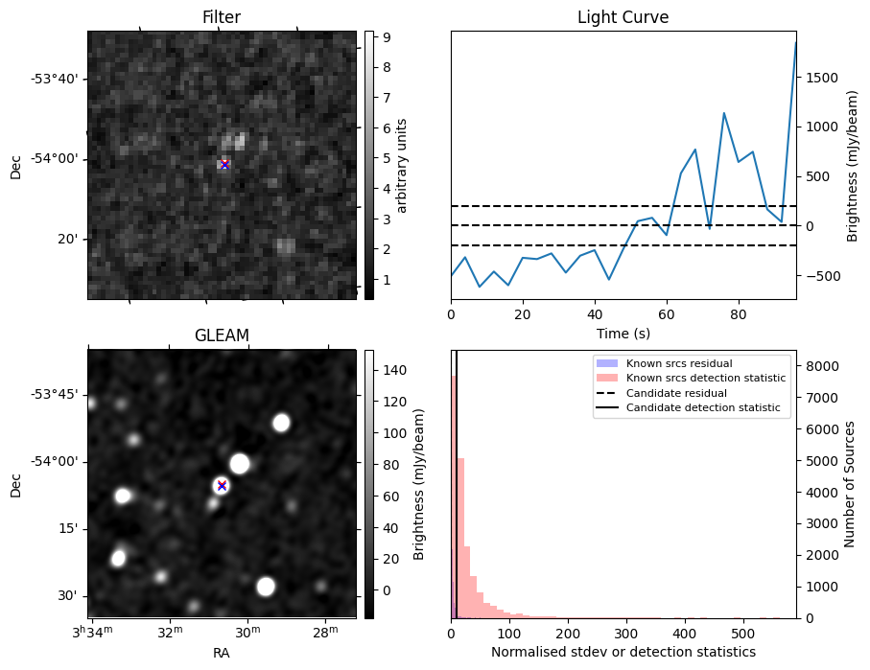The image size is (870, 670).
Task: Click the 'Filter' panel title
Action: [222, 17]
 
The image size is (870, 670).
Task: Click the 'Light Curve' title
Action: [623, 17]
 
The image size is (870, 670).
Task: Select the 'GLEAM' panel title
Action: [222, 335]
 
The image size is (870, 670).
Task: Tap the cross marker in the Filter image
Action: [224, 165]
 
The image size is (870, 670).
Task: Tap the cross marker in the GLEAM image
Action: [222, 485]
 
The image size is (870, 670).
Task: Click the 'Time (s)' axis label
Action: [623, 332]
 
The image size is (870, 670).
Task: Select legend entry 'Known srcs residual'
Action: [678, 364]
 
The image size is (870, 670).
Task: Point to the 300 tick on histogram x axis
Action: [626, 634]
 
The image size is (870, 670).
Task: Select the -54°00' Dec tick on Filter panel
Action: [59, 159]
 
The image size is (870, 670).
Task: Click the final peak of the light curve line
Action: [795, 42]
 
